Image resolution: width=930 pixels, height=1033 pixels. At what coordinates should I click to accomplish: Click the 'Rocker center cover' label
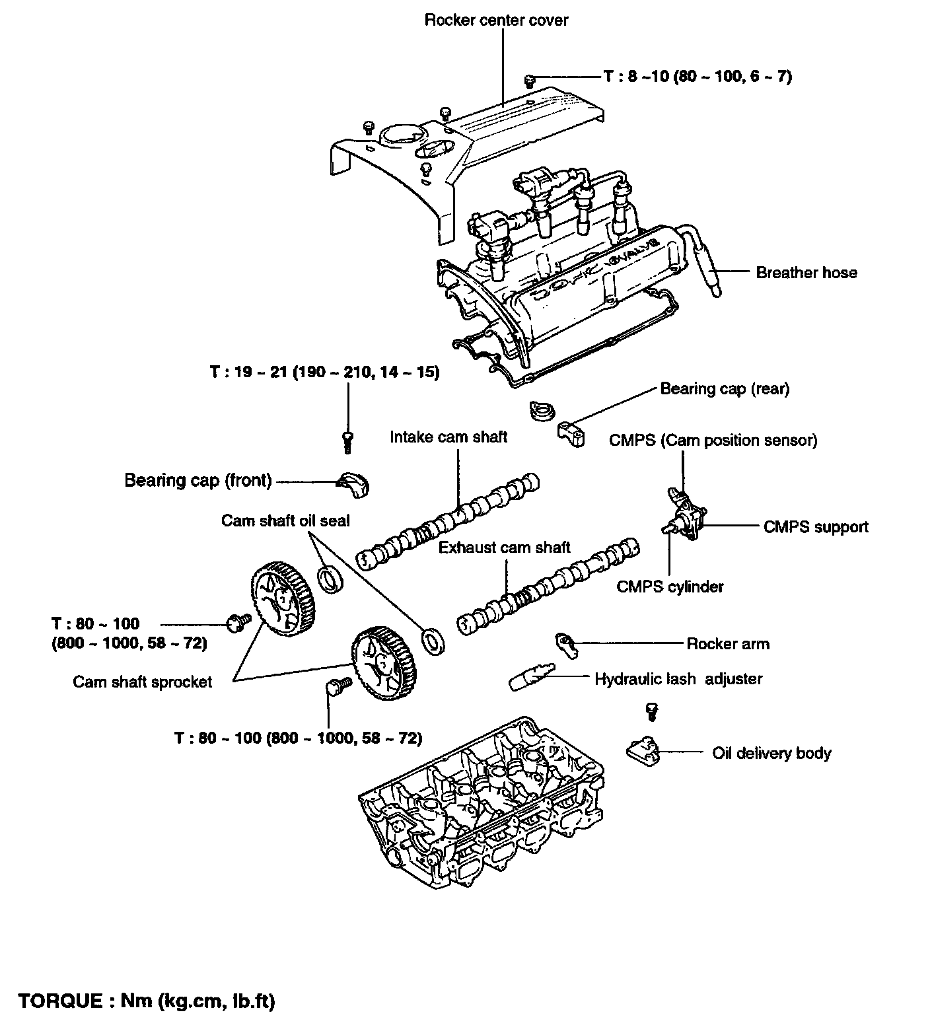pos(496,20)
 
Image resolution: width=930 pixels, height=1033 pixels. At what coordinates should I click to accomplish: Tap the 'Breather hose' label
pos(806,273)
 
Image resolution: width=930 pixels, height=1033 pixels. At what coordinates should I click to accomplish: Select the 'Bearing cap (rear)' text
pos(725,388)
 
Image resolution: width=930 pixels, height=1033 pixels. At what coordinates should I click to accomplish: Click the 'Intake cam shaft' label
pos(448,437)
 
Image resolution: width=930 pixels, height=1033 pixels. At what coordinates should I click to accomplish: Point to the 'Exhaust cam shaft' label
pos(505,548)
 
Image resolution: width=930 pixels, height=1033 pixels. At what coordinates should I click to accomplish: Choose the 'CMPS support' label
pos(816,527)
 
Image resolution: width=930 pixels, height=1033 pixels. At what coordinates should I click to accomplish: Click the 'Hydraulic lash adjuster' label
pos(678,679)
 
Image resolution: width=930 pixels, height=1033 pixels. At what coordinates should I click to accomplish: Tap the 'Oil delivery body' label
pos(771,753)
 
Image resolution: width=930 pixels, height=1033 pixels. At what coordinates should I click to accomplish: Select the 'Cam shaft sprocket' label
pos(142,682)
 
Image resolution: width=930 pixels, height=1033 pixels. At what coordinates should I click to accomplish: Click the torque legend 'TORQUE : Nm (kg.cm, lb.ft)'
pos(147,1001)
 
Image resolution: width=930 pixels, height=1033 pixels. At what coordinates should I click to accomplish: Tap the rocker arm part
pos(566,643)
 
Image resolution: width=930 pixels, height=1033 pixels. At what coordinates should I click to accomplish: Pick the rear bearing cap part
pos(571,434)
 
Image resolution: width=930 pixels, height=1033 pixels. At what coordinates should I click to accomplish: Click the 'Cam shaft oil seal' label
pos(285,520)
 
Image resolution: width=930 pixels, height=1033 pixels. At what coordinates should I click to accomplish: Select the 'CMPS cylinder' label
pos(670,587)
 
